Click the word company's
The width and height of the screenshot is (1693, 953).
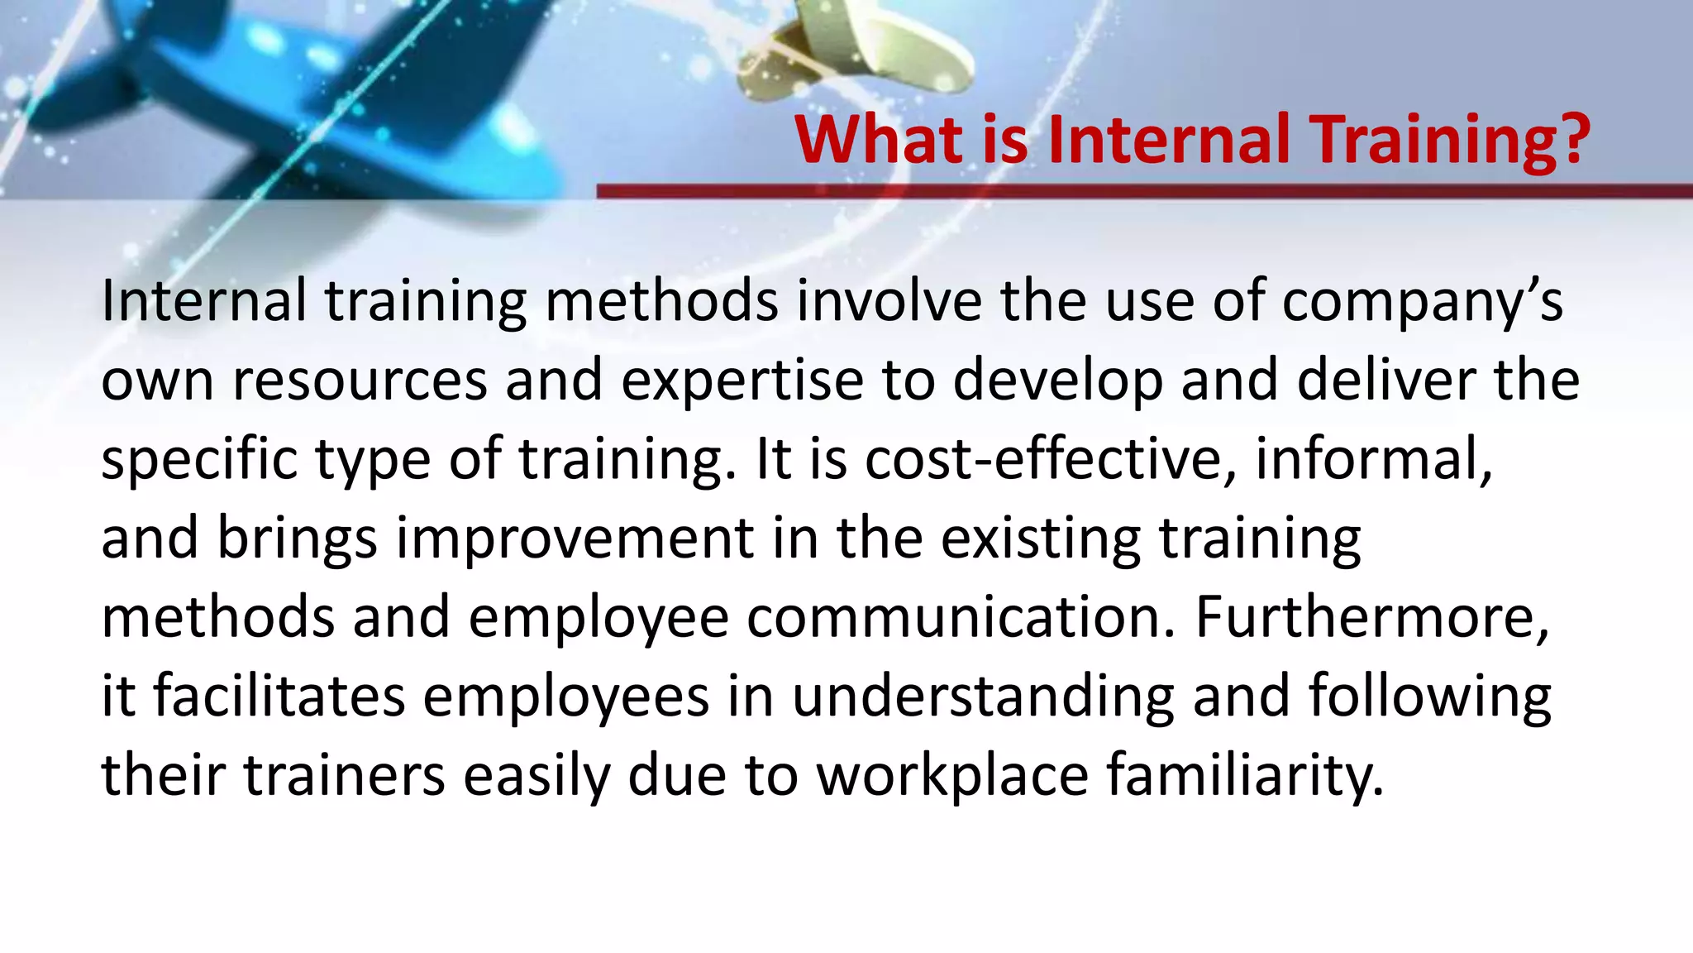1422,301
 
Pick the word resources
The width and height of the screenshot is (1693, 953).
360,381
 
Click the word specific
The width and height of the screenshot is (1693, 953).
198,459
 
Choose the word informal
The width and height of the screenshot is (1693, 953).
1373,459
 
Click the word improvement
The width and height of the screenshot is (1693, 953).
575,538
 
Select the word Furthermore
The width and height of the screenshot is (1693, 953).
1372,617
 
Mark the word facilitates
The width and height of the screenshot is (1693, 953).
279,696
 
